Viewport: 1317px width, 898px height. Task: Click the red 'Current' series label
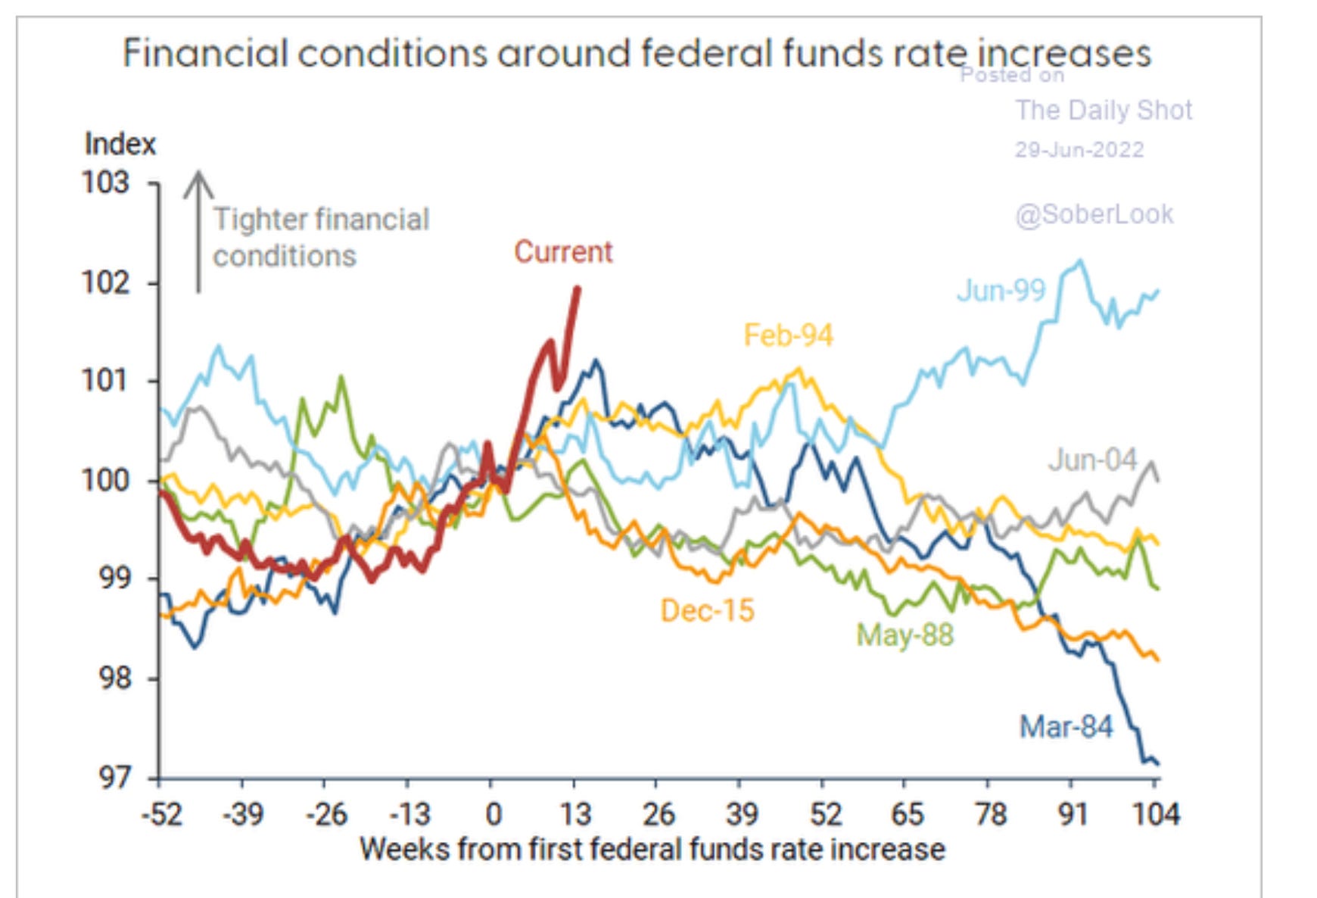tap(562, 252)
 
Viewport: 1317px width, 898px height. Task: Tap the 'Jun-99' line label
tap(1001, 291)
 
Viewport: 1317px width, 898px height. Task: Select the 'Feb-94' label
tap(788, 335)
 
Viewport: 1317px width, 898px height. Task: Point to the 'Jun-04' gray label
tap(1092, 460)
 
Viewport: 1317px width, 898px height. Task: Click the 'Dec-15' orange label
tap(707, 611)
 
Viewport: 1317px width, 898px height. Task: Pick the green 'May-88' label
tap(904, 635)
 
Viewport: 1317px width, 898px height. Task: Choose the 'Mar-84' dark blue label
tap(1066, 727)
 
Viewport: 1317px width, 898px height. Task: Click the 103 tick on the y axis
tap(106, 183)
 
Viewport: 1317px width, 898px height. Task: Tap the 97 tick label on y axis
tap(114, 778)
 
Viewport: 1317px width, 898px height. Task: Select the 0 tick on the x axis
tap(493, 815)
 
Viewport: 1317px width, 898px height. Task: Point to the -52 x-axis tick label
tap(162, 815)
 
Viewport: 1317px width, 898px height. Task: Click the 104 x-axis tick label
tap(1155, 815)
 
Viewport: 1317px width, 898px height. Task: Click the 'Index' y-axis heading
tap(120, 144)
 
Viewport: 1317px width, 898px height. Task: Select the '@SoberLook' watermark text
tap(1094, 215)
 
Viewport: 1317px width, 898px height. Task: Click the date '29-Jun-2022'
tap(1079, 150)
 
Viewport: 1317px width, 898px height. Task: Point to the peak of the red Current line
tap(578, 288)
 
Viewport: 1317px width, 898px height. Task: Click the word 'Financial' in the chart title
tap(205, 55)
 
